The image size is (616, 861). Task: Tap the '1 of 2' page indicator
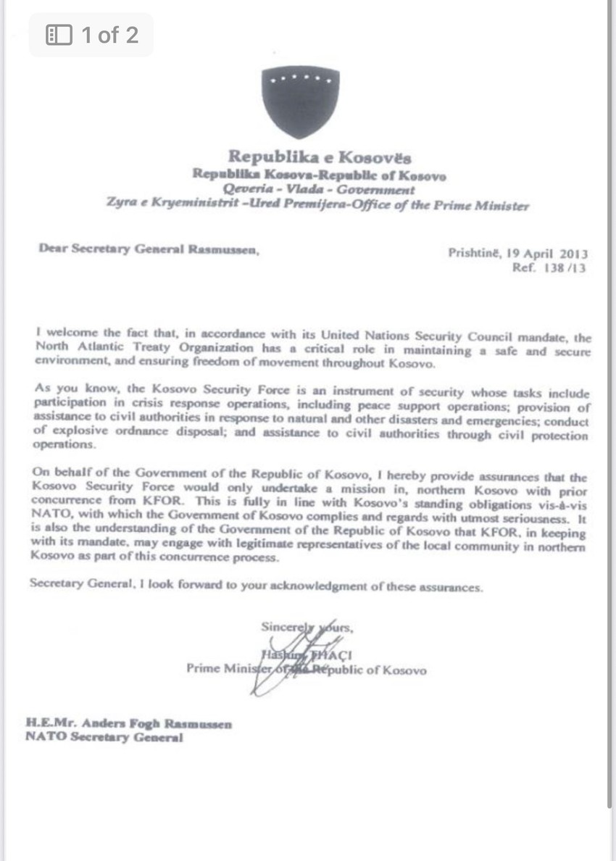(x=109, y=35)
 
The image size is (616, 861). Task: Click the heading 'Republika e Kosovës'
(x=320, y=157)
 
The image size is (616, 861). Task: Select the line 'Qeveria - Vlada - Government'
(x=319, y=190)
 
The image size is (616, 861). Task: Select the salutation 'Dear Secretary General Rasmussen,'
(x=149, y=249)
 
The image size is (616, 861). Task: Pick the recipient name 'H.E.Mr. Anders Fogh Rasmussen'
(x=129, y=724)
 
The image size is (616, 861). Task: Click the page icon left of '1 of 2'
(x=59, y=35)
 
